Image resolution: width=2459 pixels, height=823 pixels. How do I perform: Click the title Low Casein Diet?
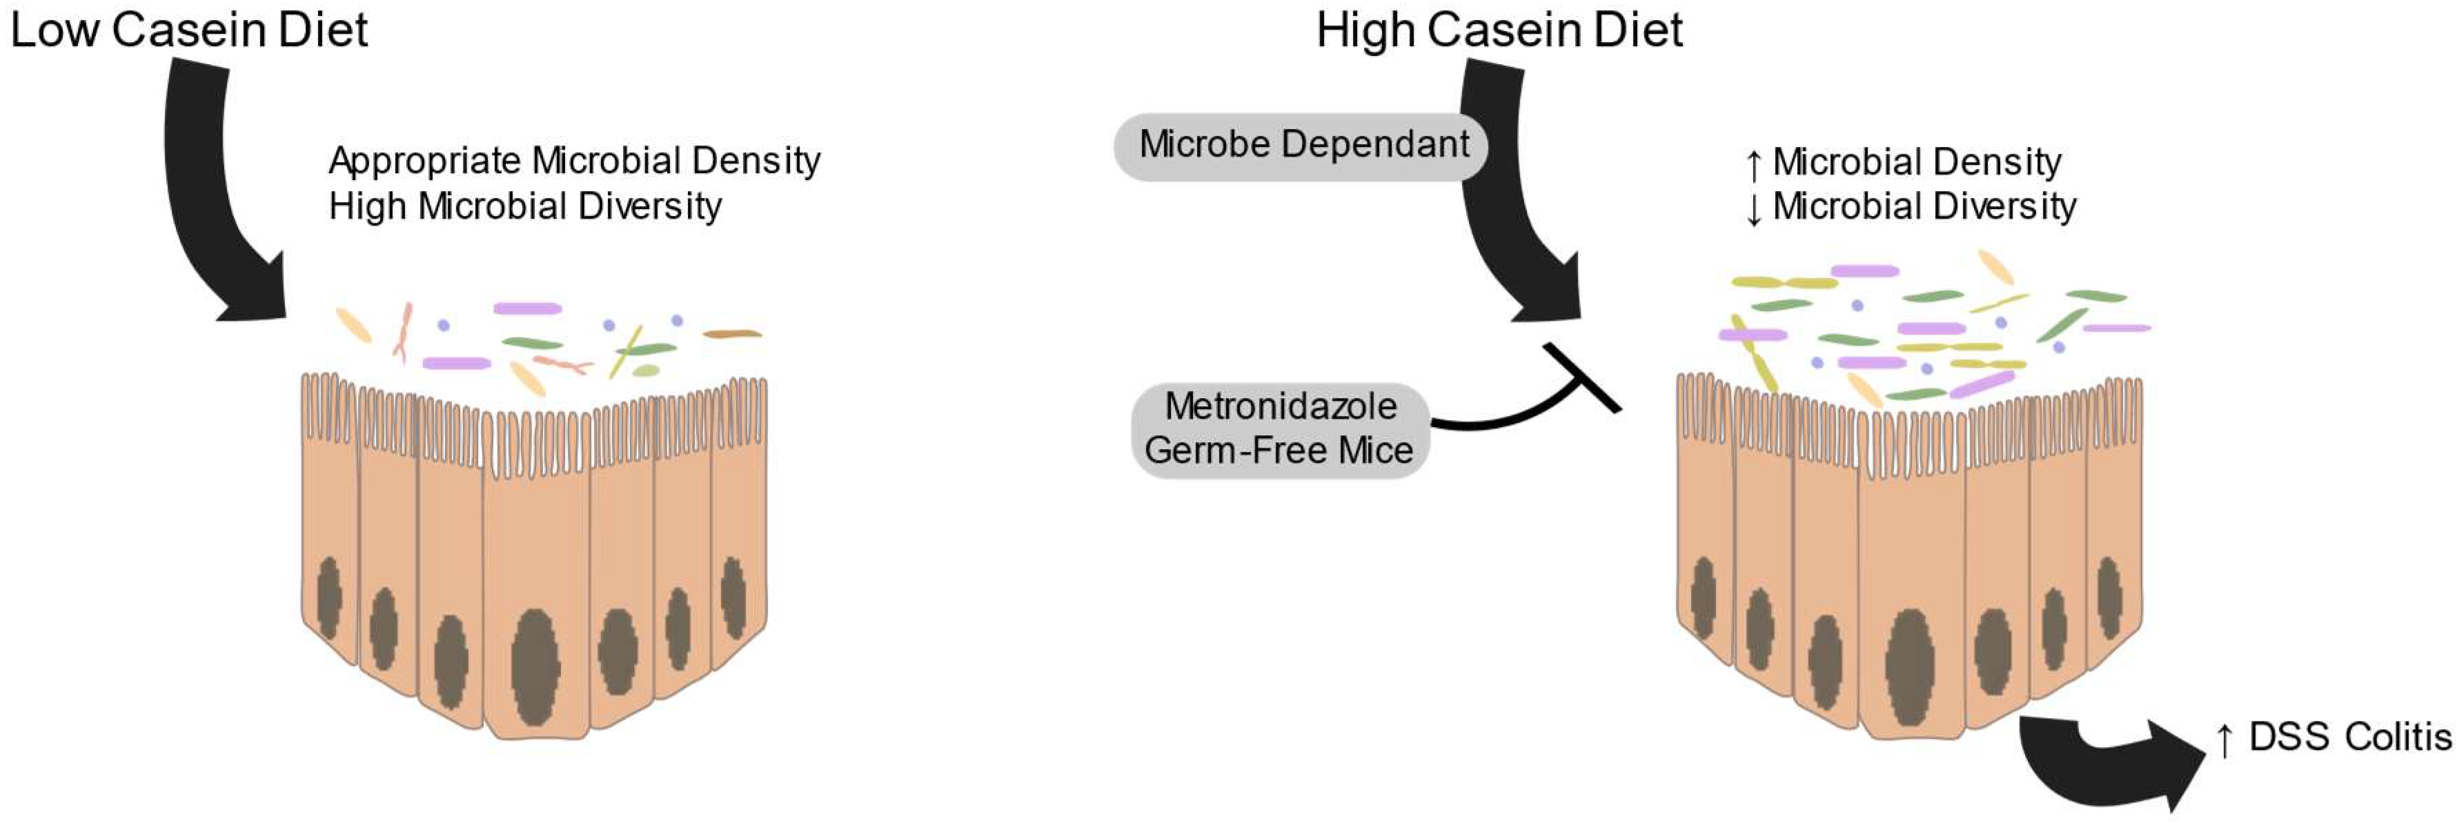pos(188,30)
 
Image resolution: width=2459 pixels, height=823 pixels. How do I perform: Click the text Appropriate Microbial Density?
pos(574,161)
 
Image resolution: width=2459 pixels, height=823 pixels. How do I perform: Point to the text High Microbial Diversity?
pos(525,206)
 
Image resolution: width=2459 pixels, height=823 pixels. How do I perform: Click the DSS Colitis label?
pos(2349,737)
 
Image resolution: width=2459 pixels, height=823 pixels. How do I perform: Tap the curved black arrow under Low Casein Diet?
pos(205,191)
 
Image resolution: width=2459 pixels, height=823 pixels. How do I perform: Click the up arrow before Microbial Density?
pos(1754,164)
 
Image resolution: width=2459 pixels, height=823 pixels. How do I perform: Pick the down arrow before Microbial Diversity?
pos(1754,209)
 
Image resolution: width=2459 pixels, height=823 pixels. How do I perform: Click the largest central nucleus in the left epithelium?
pos(535,666)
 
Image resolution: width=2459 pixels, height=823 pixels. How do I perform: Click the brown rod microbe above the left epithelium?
pos(732,334)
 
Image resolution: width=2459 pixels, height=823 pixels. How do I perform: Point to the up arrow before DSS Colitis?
pos(2224,740)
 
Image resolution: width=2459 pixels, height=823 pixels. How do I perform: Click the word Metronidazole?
pos(1281,407)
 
